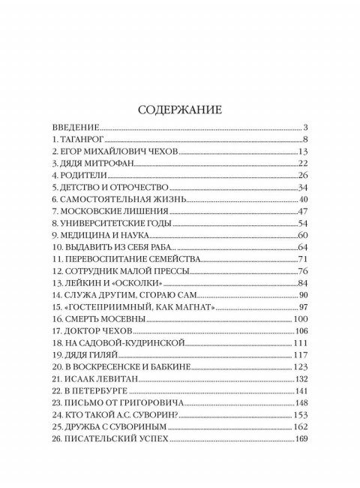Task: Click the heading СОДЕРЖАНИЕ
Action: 180,110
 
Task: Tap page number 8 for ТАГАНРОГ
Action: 307,140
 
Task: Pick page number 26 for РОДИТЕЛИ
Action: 303,176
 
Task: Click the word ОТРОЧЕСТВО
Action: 135,188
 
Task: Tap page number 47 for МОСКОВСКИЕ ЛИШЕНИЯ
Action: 303,212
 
